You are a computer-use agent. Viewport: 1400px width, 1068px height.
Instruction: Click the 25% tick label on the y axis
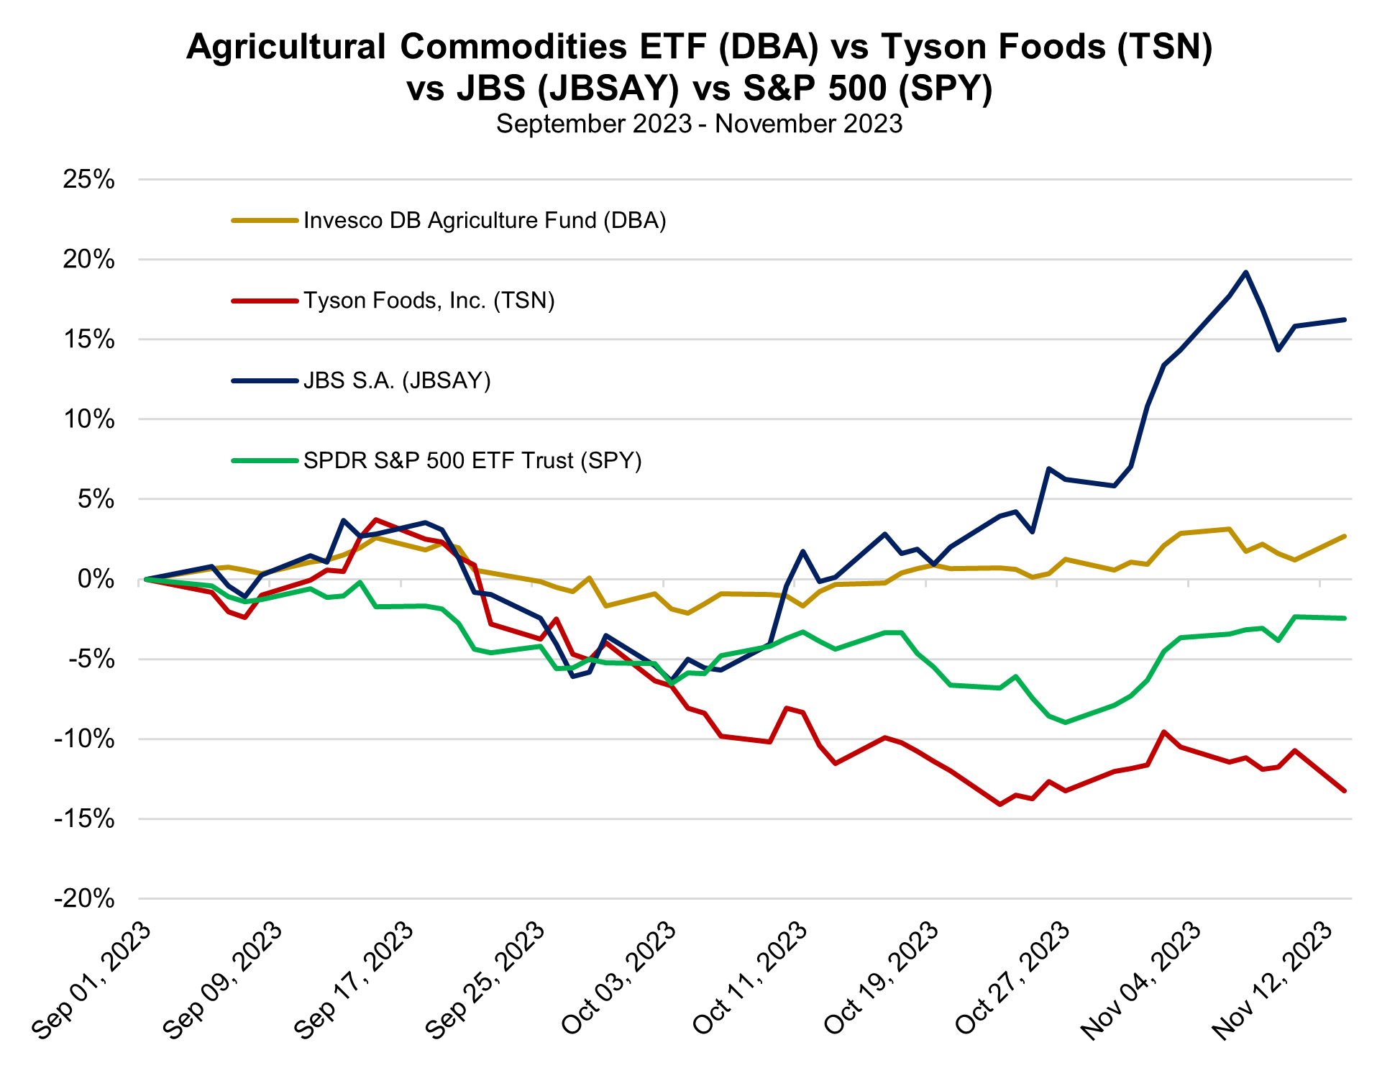(x=89, y=180)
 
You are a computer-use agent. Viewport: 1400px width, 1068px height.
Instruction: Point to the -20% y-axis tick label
(x=85, y=899)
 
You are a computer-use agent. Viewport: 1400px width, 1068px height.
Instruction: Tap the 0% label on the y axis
(x=96, y=579)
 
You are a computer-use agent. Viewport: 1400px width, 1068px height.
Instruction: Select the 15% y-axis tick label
(x=89, y=339)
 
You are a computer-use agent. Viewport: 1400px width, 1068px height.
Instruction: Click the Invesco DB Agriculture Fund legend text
(x=485, y=220)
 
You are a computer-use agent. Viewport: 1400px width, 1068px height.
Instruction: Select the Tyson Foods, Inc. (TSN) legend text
(x=429, y=300)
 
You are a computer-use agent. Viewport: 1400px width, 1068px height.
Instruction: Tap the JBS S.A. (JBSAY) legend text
(x=397, y=380)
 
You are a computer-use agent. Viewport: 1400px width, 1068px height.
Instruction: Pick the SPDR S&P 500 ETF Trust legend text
(x=472, y=460)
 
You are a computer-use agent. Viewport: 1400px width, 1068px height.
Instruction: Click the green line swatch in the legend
(x=264, y=460)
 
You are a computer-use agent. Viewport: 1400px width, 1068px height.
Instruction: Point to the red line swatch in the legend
(x=264, y=300)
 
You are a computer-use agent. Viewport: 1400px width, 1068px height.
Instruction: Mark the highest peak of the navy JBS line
(x=1245, y=273)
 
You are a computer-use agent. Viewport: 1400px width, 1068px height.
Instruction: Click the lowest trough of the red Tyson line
(x=999, y=804)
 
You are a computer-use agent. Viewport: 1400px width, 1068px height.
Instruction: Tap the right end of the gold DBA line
(x=1344, y=537)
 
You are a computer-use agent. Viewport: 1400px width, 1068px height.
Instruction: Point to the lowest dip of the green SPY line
(x=1065, y=722)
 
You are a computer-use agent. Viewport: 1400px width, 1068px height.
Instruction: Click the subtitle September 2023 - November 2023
(x=699, y=124)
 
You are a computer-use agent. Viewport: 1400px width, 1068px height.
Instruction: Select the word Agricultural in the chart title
(x=287, y=47)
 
